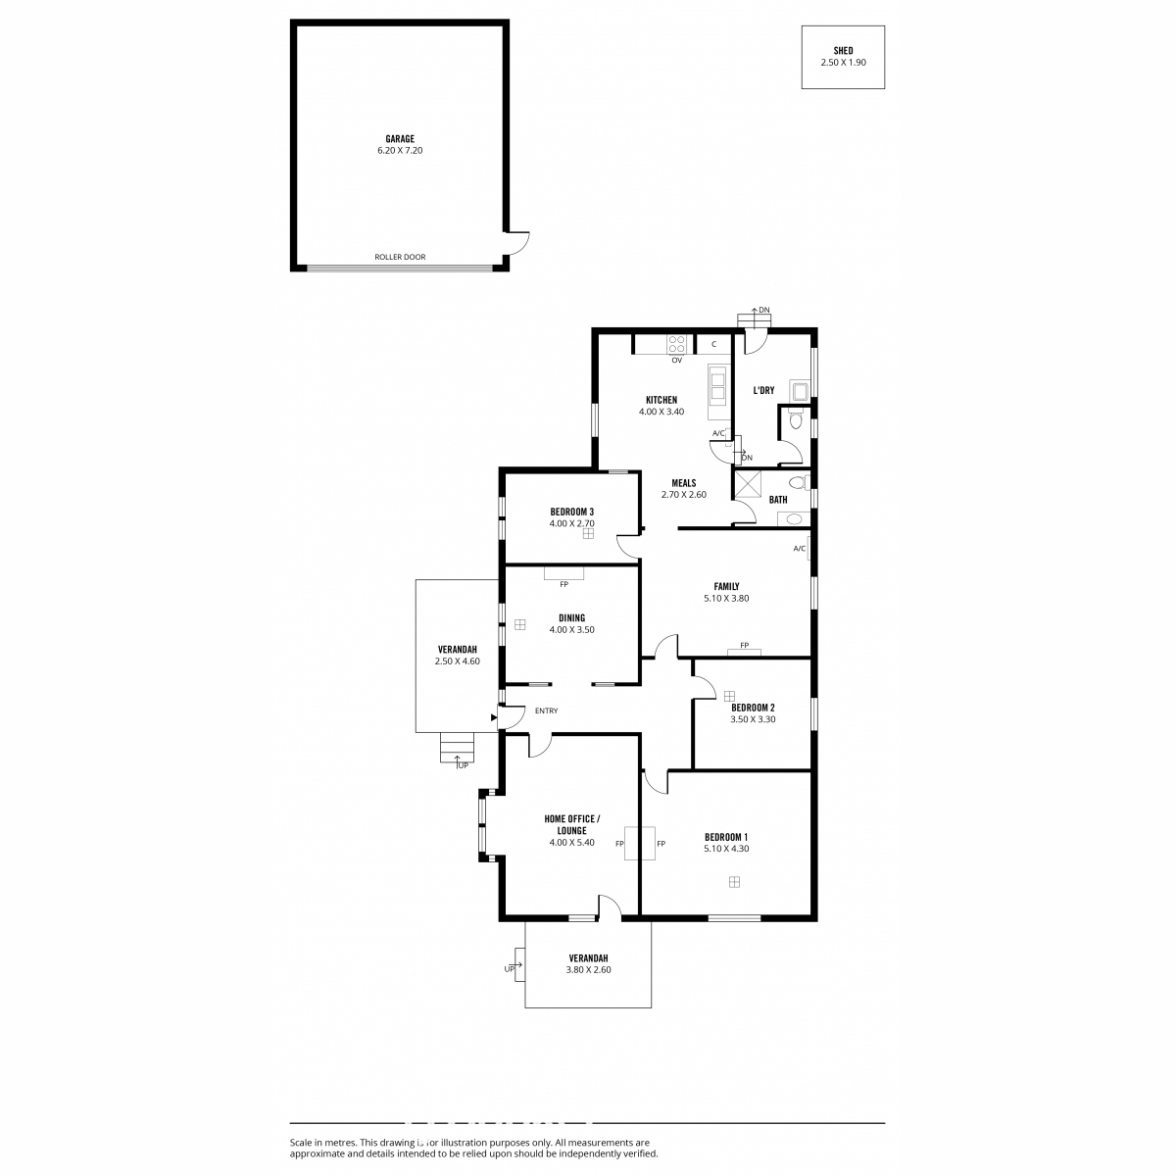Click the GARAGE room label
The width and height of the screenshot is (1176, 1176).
[x=400, y=139]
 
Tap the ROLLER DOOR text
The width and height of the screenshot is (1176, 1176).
[x=400, y=257]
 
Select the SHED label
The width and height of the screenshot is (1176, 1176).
[x=843, y=51]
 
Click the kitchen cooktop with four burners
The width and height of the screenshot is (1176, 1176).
[x=676, y=344]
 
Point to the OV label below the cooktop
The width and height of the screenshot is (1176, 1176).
[x=676, y=360]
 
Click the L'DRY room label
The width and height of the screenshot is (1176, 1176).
[x=763, y=390]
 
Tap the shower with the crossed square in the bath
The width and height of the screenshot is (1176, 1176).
[x=748, y=484]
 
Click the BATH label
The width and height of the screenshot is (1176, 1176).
[x=777, y=500]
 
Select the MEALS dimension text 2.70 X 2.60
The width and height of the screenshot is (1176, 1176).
[x=683, y=494]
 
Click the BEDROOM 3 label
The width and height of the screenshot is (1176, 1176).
[x=571, y=512]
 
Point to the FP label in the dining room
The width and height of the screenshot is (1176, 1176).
[x=563, y=584]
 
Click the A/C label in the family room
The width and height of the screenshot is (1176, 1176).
[x=799, y=549]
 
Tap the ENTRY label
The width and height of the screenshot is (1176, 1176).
[x=546, y=710]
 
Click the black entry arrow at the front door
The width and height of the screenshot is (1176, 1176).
[x=494, y=717]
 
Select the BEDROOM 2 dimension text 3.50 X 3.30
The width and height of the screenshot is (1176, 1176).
[x=753, y=719]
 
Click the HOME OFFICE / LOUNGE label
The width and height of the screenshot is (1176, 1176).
[x=571, y=824]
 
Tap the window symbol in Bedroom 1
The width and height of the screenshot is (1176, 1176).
[x=734, y=882]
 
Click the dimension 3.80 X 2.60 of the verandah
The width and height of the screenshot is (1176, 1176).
[x=588, y=970]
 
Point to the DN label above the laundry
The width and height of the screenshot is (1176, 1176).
[x=764, y=310]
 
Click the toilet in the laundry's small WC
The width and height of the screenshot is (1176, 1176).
[x=795, y=419]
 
